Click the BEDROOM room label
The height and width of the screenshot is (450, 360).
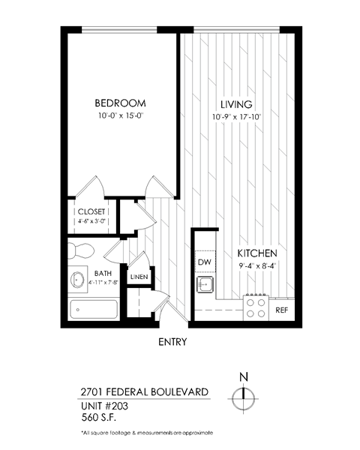point(120,103)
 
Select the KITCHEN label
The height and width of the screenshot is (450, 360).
point(259,253)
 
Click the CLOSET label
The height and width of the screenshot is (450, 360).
point(91,211)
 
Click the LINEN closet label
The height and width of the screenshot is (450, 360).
point(139,277)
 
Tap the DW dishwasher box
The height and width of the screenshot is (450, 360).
point(204,262)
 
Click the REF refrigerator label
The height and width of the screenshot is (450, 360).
point(282,309)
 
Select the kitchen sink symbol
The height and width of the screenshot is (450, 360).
point(204,284)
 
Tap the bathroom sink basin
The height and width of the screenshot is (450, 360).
point(78,280)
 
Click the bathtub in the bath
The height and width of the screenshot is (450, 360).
point(93,308)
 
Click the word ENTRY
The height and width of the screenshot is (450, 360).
point(172,342)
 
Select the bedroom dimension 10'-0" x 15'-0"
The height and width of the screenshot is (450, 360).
point(120,116)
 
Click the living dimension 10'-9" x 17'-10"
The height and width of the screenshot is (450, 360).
point(236,116)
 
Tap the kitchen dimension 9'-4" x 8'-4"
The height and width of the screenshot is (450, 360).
point(258,265)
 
